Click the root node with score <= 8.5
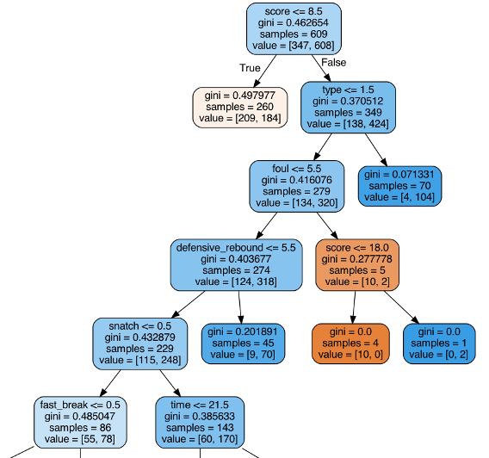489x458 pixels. (x=294, y=28)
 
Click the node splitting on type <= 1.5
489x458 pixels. (x=347, y=107)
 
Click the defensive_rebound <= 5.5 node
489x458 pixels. (x=236, y=264)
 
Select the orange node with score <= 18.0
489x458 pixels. (x=356, y=264)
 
